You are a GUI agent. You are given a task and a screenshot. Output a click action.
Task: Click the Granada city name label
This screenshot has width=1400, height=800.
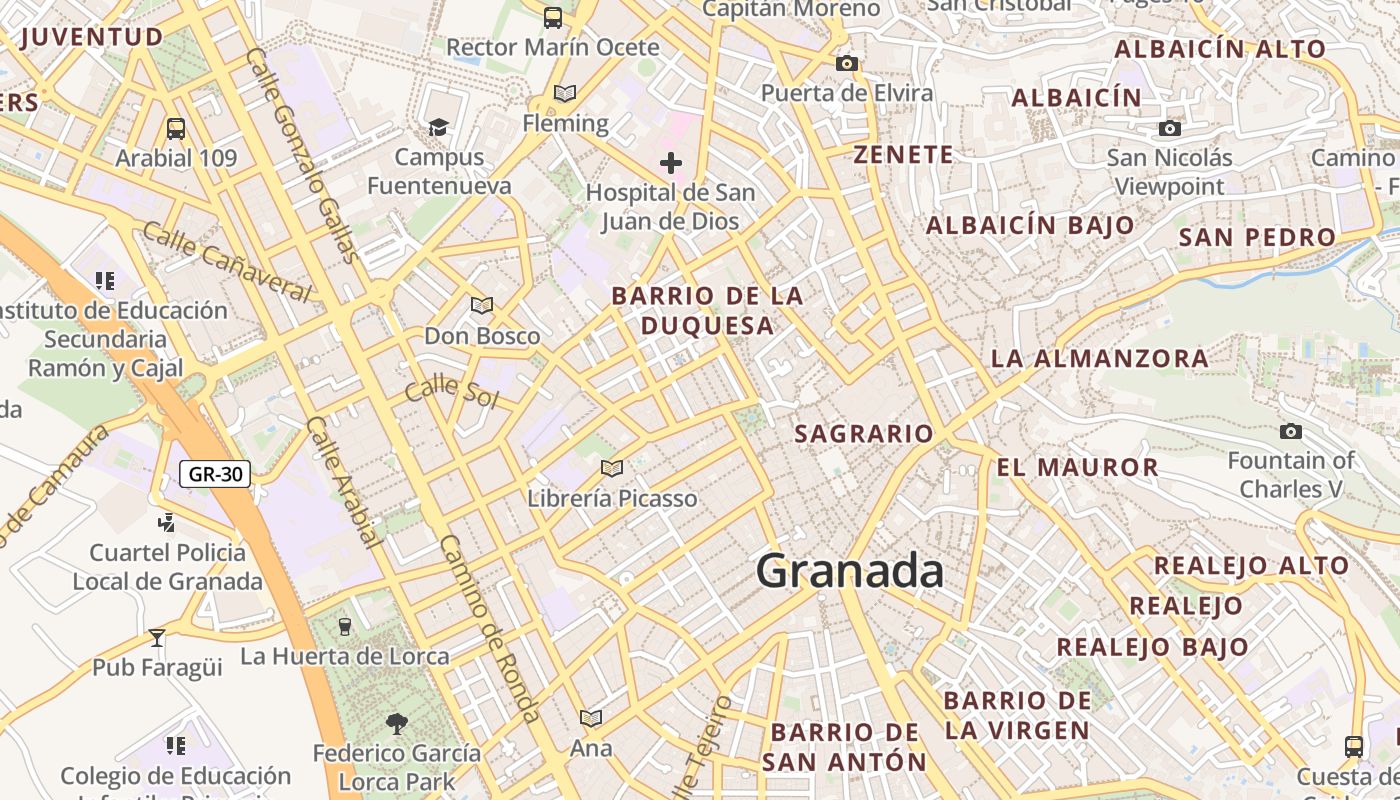[x=849, y=571]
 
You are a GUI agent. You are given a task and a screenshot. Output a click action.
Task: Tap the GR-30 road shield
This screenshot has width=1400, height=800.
[x=215, y=474]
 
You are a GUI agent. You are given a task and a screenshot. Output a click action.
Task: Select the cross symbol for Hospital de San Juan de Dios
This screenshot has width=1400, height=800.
[x=671, y=162]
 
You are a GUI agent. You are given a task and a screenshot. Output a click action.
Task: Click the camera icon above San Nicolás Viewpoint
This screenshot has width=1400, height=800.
[x=1169, y=128]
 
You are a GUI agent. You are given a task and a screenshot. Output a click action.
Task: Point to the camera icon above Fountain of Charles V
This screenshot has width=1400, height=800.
[x=1291, y=431]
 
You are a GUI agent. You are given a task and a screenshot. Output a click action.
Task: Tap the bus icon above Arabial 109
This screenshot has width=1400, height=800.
[x=176, y=128]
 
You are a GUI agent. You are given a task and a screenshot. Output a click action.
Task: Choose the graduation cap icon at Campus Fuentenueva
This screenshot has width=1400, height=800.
[x=438, y=127]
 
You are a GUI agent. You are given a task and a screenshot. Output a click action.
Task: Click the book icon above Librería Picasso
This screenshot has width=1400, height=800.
[x=612, y=467]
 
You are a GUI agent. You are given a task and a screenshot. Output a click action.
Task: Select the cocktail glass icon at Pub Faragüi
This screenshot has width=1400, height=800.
[x=157, y=637]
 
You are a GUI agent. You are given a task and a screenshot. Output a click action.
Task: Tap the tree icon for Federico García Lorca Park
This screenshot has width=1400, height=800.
[x=397, y=722]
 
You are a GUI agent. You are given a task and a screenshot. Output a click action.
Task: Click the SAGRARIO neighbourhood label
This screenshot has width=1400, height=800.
[x=864, y=434]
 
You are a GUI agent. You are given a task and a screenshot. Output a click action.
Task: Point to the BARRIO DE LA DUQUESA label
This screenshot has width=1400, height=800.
[x=707, y=311]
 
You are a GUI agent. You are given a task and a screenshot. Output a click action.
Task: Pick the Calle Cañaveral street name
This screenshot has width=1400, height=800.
[x=227, y=262]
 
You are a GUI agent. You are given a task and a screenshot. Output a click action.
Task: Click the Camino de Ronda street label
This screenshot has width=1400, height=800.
[x=491, y=629]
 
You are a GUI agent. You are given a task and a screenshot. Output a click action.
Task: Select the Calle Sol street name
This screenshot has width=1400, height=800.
[x=451, y=389]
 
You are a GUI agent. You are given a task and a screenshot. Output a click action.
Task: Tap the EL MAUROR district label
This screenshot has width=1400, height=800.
[x=1077, y=467]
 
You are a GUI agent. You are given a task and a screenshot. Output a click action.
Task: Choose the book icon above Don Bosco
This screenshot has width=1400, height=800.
[x=482, y=305]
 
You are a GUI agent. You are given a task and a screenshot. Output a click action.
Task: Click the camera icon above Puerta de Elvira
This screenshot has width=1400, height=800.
[x=847, y=63]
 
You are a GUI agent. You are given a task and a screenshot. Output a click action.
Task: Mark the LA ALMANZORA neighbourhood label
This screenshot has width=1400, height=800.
[x=1099, y=358]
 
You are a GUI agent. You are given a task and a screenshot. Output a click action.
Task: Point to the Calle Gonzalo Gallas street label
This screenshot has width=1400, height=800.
[x=301, y=155]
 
